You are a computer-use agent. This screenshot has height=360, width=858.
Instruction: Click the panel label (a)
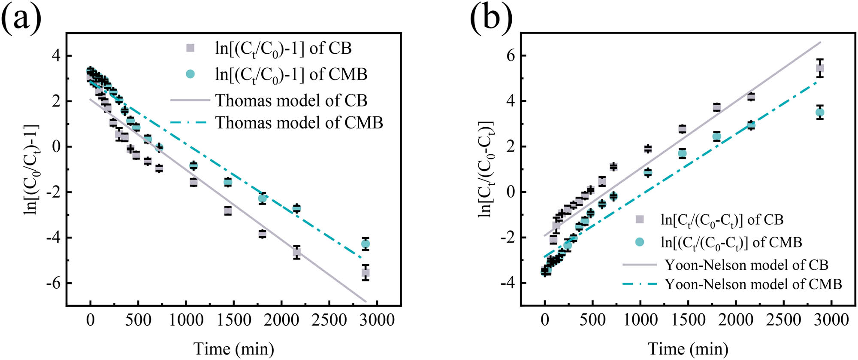(x=21, y=19)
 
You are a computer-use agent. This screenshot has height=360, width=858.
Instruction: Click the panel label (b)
(x=491, y=19)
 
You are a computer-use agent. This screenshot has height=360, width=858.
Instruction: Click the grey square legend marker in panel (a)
(x=190, y=48)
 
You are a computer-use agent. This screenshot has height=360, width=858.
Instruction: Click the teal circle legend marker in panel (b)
(x=640, y=242)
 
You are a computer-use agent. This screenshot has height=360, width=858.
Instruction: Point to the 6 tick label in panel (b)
(x=510, y=56)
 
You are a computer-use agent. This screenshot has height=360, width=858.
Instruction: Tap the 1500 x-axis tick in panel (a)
(x=233, y=320)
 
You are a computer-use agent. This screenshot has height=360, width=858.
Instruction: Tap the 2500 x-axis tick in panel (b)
(x=784, y=320)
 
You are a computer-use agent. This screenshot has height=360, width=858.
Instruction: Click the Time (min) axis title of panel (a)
(x=234, y=348)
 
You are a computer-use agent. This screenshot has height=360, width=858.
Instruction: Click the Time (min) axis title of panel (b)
(x=688, y=348)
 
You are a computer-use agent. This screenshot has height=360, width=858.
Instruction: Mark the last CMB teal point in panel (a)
(x=366, y=244)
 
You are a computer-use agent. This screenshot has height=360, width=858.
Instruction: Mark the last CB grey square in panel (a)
(x=366, y=272)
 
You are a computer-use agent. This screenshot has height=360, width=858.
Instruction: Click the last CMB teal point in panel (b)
(x=820, y=112)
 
